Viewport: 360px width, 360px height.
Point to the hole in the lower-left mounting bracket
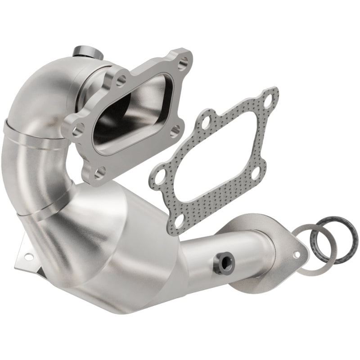29,257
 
